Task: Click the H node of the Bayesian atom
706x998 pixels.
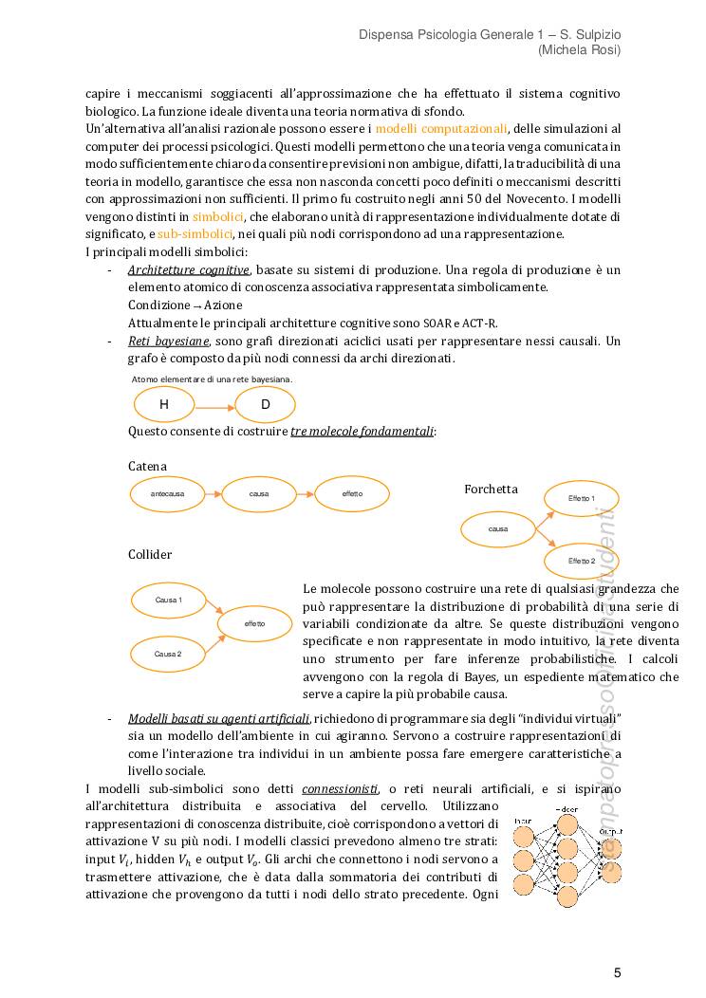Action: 164,405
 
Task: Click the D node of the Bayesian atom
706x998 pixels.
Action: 266,405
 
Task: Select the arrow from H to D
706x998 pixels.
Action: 214,405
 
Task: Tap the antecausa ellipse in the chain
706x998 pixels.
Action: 167,494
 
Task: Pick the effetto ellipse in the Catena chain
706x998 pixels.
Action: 352,494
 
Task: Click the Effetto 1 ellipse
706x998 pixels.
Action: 582,498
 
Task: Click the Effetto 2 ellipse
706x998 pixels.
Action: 582,561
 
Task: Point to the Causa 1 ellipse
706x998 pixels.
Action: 168,600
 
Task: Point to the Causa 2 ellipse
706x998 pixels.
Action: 168,654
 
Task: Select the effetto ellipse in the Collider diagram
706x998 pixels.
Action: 254,623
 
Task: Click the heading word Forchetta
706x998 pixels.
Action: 491,489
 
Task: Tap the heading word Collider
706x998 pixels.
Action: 150,554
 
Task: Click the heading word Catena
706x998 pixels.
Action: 147,466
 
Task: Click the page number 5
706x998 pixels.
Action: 617,972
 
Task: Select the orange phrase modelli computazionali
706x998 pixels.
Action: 441,128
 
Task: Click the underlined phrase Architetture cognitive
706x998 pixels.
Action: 189,269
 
